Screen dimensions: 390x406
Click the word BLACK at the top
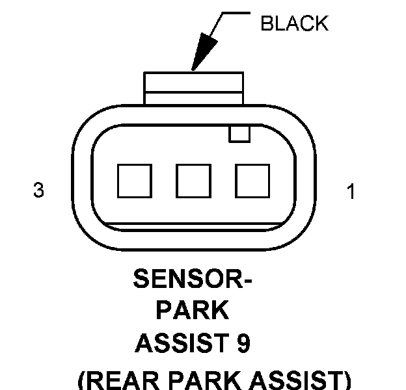294,24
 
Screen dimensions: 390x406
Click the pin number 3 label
38,191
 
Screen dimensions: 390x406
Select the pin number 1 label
351,192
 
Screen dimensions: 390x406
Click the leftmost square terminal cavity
135,180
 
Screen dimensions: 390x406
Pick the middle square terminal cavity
194,180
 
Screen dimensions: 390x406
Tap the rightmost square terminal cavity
252,180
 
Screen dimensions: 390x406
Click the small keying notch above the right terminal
239,133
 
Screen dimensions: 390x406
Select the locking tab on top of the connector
194,88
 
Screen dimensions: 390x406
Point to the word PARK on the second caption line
193,311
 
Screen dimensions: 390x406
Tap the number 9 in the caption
243,344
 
